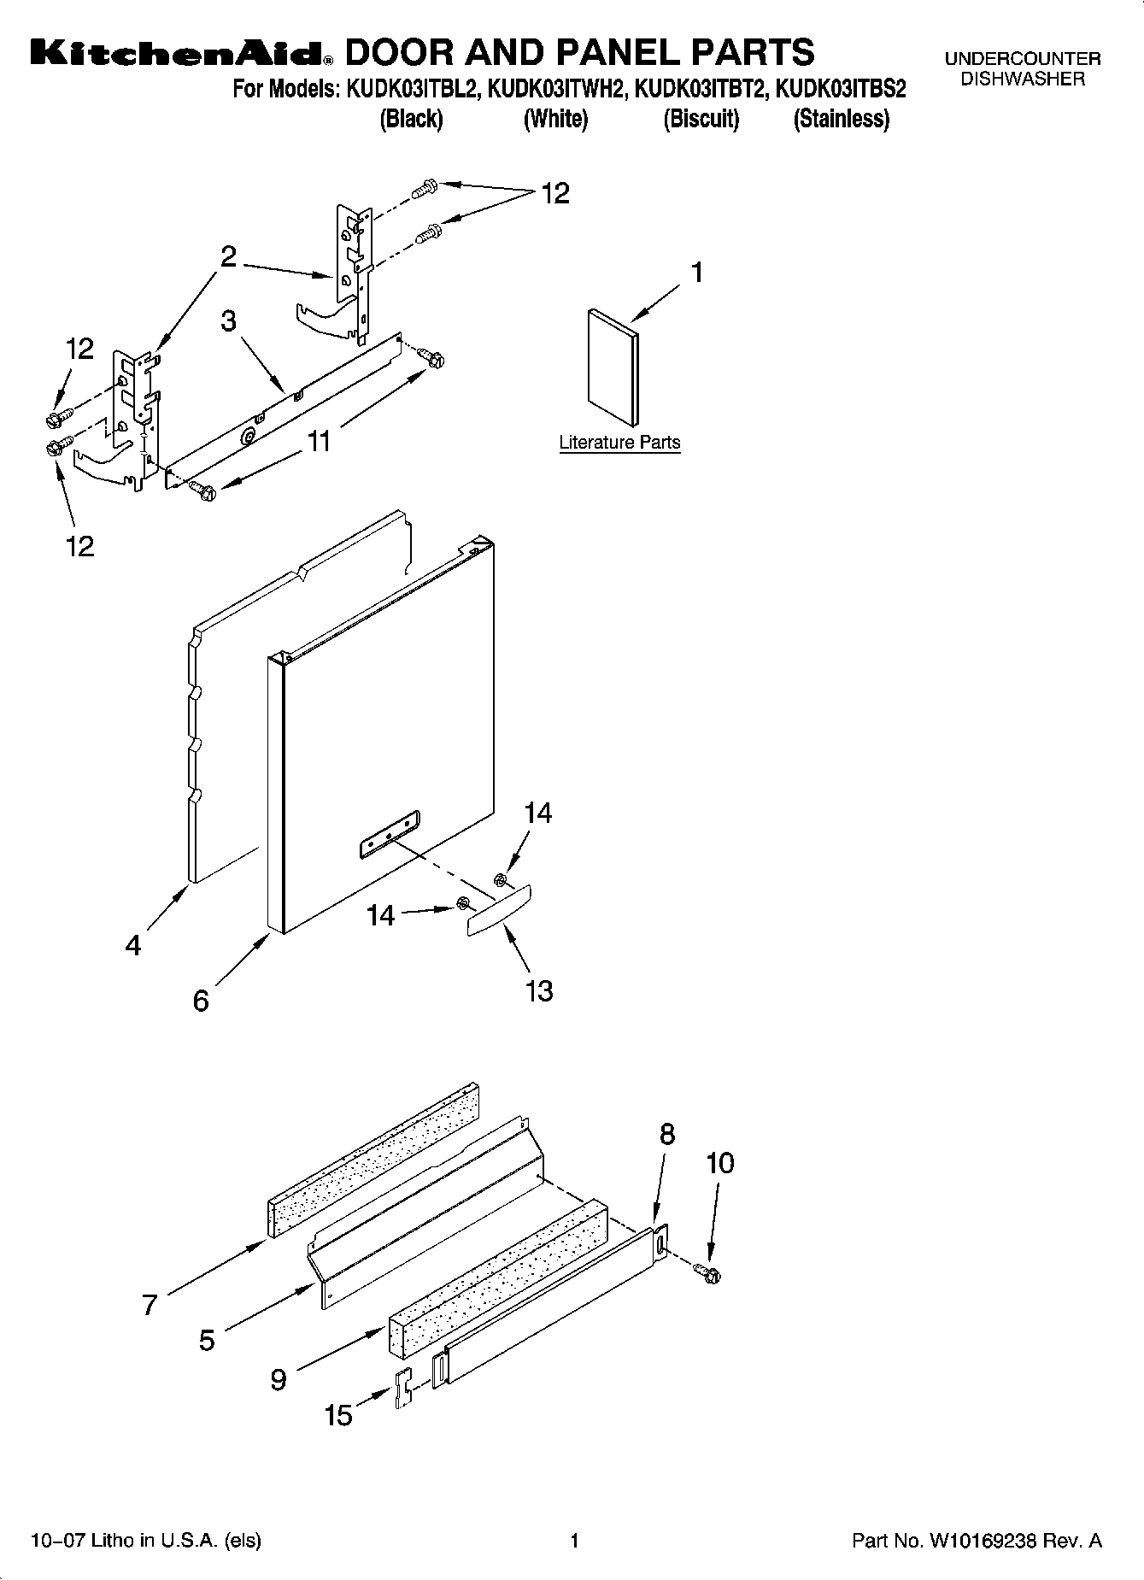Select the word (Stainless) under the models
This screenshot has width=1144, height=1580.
(x=841, y=119)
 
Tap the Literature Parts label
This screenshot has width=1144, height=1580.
(x=619, y=443)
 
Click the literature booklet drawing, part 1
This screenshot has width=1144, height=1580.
(x=613, y=367)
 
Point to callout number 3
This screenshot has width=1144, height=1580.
(x=228, y=321)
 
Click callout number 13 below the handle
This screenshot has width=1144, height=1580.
(x=539, y=990)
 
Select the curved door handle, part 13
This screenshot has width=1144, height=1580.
(x=499, y=911)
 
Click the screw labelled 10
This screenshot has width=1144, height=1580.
(x=708, y=1273)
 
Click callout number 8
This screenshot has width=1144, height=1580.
(x=667, y=1134)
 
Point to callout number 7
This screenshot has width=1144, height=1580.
(x=150, y=1305)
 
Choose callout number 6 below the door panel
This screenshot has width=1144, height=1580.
(x=201, y=1000)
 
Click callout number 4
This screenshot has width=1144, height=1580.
(x=133, y=945)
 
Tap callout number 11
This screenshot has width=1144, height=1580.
(x=320, y=441)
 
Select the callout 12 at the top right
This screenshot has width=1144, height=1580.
(x=555, y=194)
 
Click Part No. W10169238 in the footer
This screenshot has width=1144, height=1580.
(x=977, y=1541)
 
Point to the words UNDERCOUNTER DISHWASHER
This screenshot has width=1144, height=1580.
(x=1022, y=69)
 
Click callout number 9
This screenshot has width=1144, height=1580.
(x=279, y=1379)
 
